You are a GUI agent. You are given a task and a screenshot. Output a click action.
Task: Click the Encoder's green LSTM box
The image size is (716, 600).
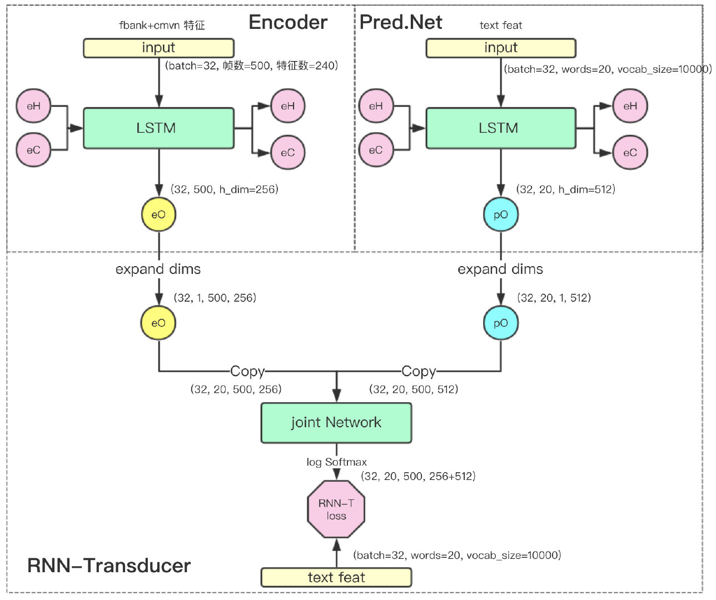click(158, 128)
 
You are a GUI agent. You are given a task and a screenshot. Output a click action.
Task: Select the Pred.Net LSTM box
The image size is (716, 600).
click(500, 128)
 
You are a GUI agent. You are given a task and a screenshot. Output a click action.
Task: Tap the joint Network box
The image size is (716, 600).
click(336, 423)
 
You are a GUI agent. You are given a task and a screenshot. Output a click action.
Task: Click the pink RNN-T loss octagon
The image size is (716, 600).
click(336, 509)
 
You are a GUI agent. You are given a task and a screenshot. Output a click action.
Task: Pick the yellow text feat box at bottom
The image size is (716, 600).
click(336, 578)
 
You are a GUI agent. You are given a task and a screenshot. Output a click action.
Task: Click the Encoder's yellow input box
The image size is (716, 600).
click(158, 48)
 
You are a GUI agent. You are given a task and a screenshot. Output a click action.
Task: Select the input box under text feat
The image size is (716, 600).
click(500, 48)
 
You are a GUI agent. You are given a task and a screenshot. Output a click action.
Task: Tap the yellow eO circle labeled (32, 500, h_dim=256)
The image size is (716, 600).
click(158, 215)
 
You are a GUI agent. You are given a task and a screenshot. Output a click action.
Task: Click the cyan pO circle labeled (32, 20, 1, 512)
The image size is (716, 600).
click(500, 323)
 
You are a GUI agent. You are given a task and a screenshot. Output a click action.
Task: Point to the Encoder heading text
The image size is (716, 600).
click(288, 22)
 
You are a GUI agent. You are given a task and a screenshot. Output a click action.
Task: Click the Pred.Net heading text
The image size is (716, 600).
click(401, 22)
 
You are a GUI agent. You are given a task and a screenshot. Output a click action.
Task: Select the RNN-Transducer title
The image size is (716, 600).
click(109, 566)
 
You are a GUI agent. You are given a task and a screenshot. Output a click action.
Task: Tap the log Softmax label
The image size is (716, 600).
click(336, 462)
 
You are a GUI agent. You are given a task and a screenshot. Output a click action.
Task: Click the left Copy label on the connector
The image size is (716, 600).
click(247, 371)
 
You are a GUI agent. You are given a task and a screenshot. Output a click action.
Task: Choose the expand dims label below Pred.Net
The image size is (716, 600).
click(500, 269)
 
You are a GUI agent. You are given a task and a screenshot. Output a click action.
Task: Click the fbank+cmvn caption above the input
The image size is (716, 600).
click(162, 26)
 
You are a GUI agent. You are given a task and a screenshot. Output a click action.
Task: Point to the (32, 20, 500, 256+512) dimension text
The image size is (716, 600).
click(418, 476)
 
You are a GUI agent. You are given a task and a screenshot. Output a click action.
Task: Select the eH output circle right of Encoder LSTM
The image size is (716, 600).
click(287, 106)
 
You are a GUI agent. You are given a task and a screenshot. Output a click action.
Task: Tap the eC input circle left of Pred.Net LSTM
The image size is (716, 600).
click(376, 150)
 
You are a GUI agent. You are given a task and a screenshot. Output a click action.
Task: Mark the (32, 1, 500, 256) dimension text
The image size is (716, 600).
click(215, 298)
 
